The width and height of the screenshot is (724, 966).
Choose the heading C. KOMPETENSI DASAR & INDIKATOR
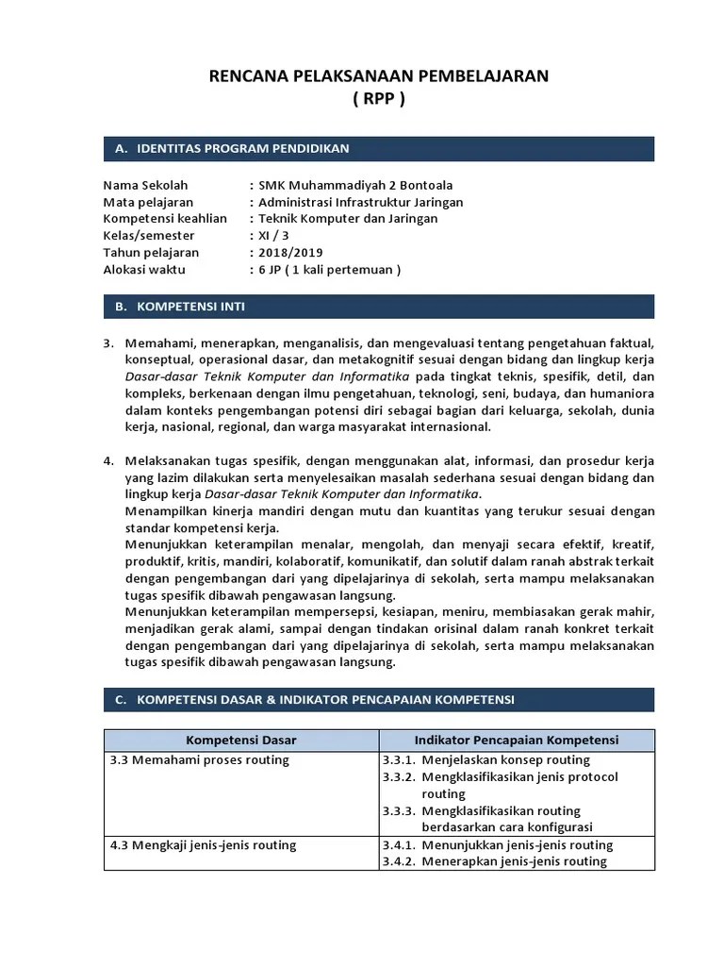[314, 700]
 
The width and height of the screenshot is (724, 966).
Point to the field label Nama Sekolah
[144, 185]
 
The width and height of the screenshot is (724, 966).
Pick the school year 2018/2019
[290, 253]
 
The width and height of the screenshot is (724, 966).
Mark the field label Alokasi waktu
[144, 270]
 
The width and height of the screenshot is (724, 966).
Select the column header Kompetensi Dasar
[241, 741]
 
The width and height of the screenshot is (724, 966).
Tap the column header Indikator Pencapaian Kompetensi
[517, 741]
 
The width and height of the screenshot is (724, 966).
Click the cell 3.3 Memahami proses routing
[200, 760]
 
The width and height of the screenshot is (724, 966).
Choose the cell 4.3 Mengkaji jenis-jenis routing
[204, 845]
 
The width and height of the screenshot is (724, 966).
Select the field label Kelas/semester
[149, 236]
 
